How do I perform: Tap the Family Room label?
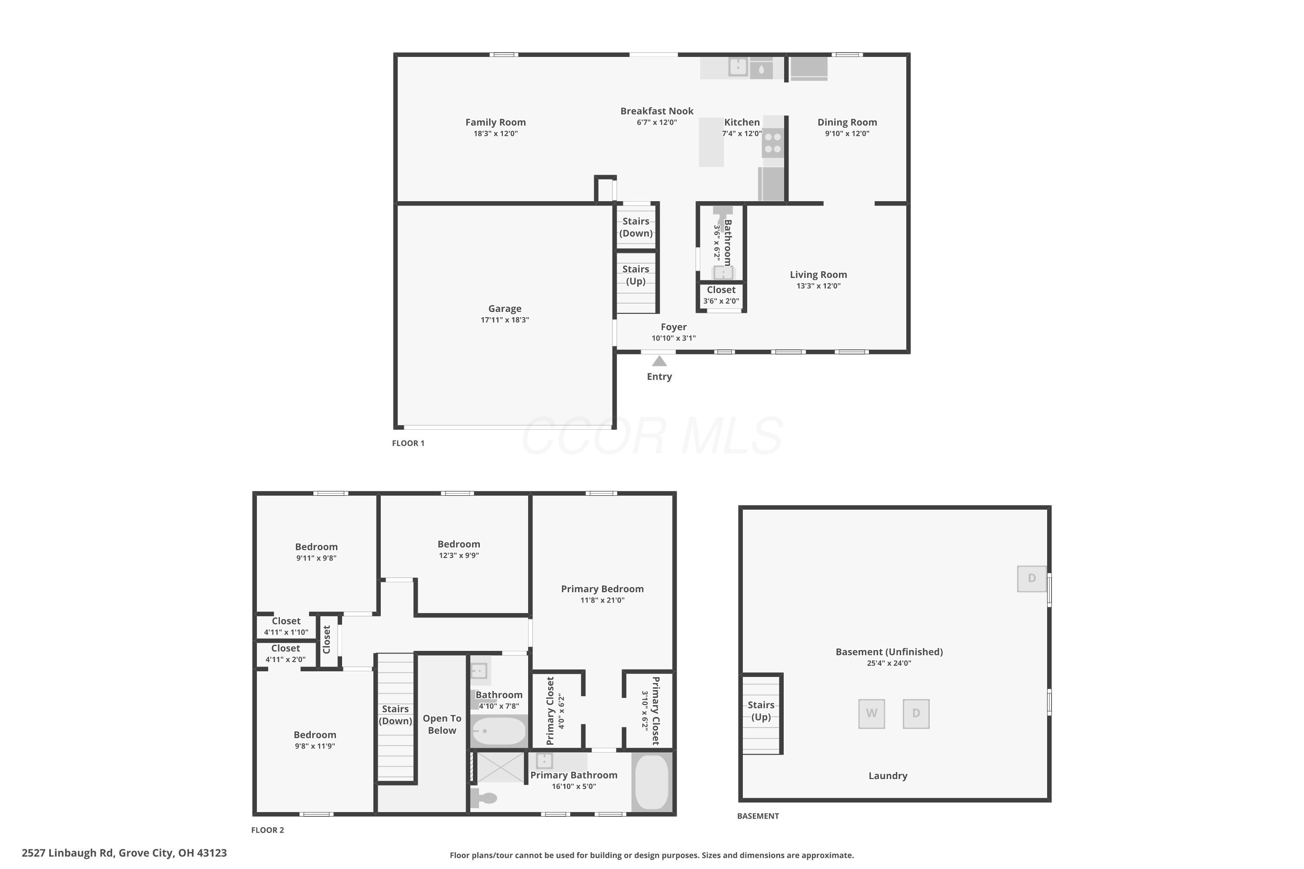pos(496,122)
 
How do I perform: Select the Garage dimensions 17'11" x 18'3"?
pos(505,320)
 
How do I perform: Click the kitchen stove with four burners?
pos(773,143)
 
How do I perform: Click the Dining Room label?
pos(847,122)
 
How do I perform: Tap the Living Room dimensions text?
pos(818,286)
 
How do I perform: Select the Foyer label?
pos(674,327)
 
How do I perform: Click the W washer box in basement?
pos(872,713)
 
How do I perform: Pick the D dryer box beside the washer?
pos(916,713)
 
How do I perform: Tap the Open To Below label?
pos(442,724)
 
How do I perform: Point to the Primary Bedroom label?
pos(602,589)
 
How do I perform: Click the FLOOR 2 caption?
pos(267,829)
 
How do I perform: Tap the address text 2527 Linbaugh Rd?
pos(68,852)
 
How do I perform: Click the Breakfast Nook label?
pos(657,111)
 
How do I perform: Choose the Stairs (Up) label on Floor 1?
pos(635,275)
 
